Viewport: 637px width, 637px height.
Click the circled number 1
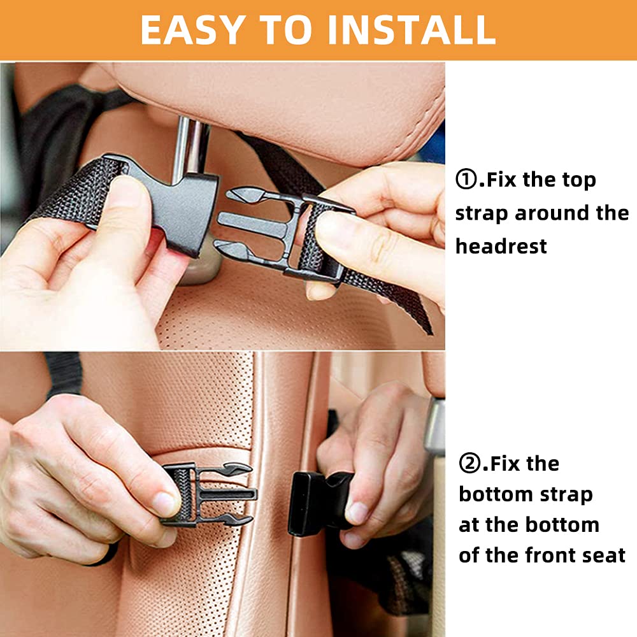[x=466, y=180]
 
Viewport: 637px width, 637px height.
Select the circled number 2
[x=469, y=463]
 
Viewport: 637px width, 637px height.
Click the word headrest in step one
[x=501, y=246]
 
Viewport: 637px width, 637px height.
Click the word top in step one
[x=579, y=180]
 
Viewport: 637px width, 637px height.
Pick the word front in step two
[x=544, y=555]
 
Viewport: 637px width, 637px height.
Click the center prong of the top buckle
[x=254, y=224]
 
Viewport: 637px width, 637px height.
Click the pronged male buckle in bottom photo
[x=209, y=494]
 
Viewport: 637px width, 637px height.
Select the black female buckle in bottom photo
[x=319, y=504]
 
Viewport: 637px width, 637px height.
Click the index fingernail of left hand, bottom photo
[x=164, y=504]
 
